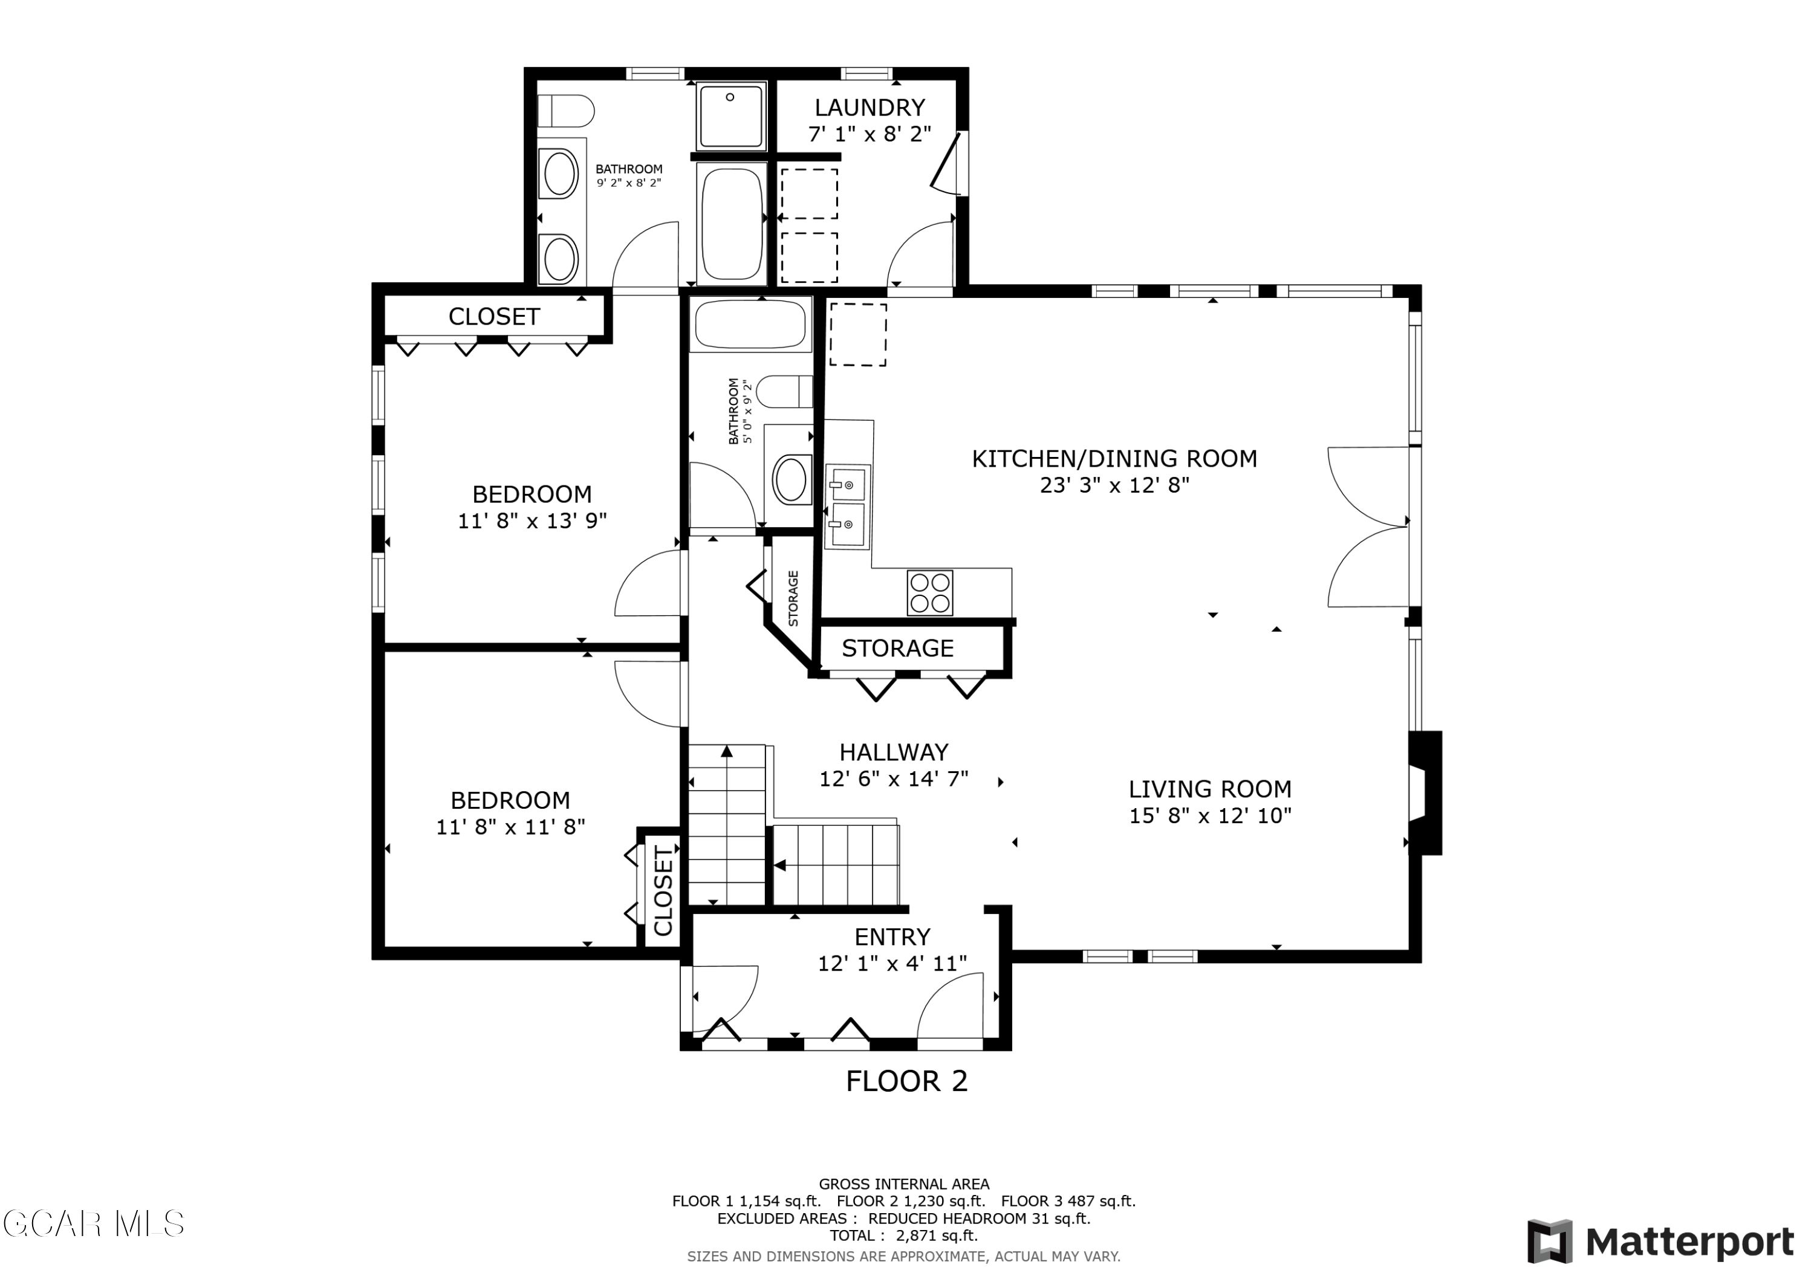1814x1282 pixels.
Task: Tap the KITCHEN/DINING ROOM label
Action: pos(1114,458)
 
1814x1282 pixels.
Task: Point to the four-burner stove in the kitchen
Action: pos(930,592)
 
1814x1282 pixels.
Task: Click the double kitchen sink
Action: pos(848,505)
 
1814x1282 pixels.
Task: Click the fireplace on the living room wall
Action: pos(1425,792)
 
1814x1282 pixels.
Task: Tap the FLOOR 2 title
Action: pos(906,1081)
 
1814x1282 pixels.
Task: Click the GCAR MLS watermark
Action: pos(93,1223)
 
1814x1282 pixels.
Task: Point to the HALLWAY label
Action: pos(894,752)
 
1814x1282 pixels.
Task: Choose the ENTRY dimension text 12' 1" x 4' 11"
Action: pos(892,963)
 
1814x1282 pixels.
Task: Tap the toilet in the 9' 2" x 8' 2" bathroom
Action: pos(565,111)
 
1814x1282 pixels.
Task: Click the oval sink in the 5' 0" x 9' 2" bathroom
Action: pos(791,479)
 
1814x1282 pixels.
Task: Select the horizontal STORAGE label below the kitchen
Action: pos(897,649)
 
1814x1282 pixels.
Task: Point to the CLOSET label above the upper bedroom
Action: pos(494,317)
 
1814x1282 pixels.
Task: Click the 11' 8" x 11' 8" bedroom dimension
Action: pos(510,827)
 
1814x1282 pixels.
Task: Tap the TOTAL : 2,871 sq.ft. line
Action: pos(904,1236)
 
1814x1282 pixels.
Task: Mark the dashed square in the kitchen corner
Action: pos(857,334)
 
